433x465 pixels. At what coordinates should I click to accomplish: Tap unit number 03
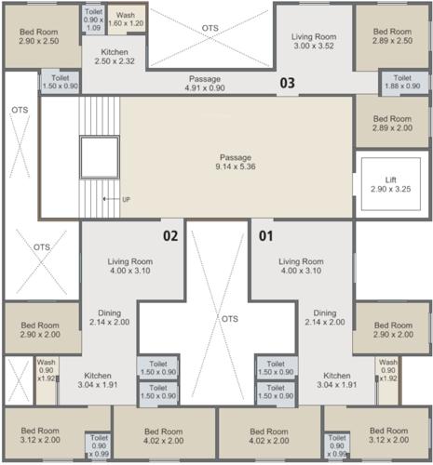pos(288,84)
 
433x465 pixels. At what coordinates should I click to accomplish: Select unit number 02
pos(170,235)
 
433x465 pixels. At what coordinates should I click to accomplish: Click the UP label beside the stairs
pos(126,200)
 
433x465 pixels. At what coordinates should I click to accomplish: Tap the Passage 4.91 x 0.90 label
pos(204,85)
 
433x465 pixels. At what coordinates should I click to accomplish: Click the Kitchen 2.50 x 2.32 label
pos(115,55)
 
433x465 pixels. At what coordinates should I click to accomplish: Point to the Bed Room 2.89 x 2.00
pos(391,123)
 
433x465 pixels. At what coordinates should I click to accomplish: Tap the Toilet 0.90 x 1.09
pos(94,20)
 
